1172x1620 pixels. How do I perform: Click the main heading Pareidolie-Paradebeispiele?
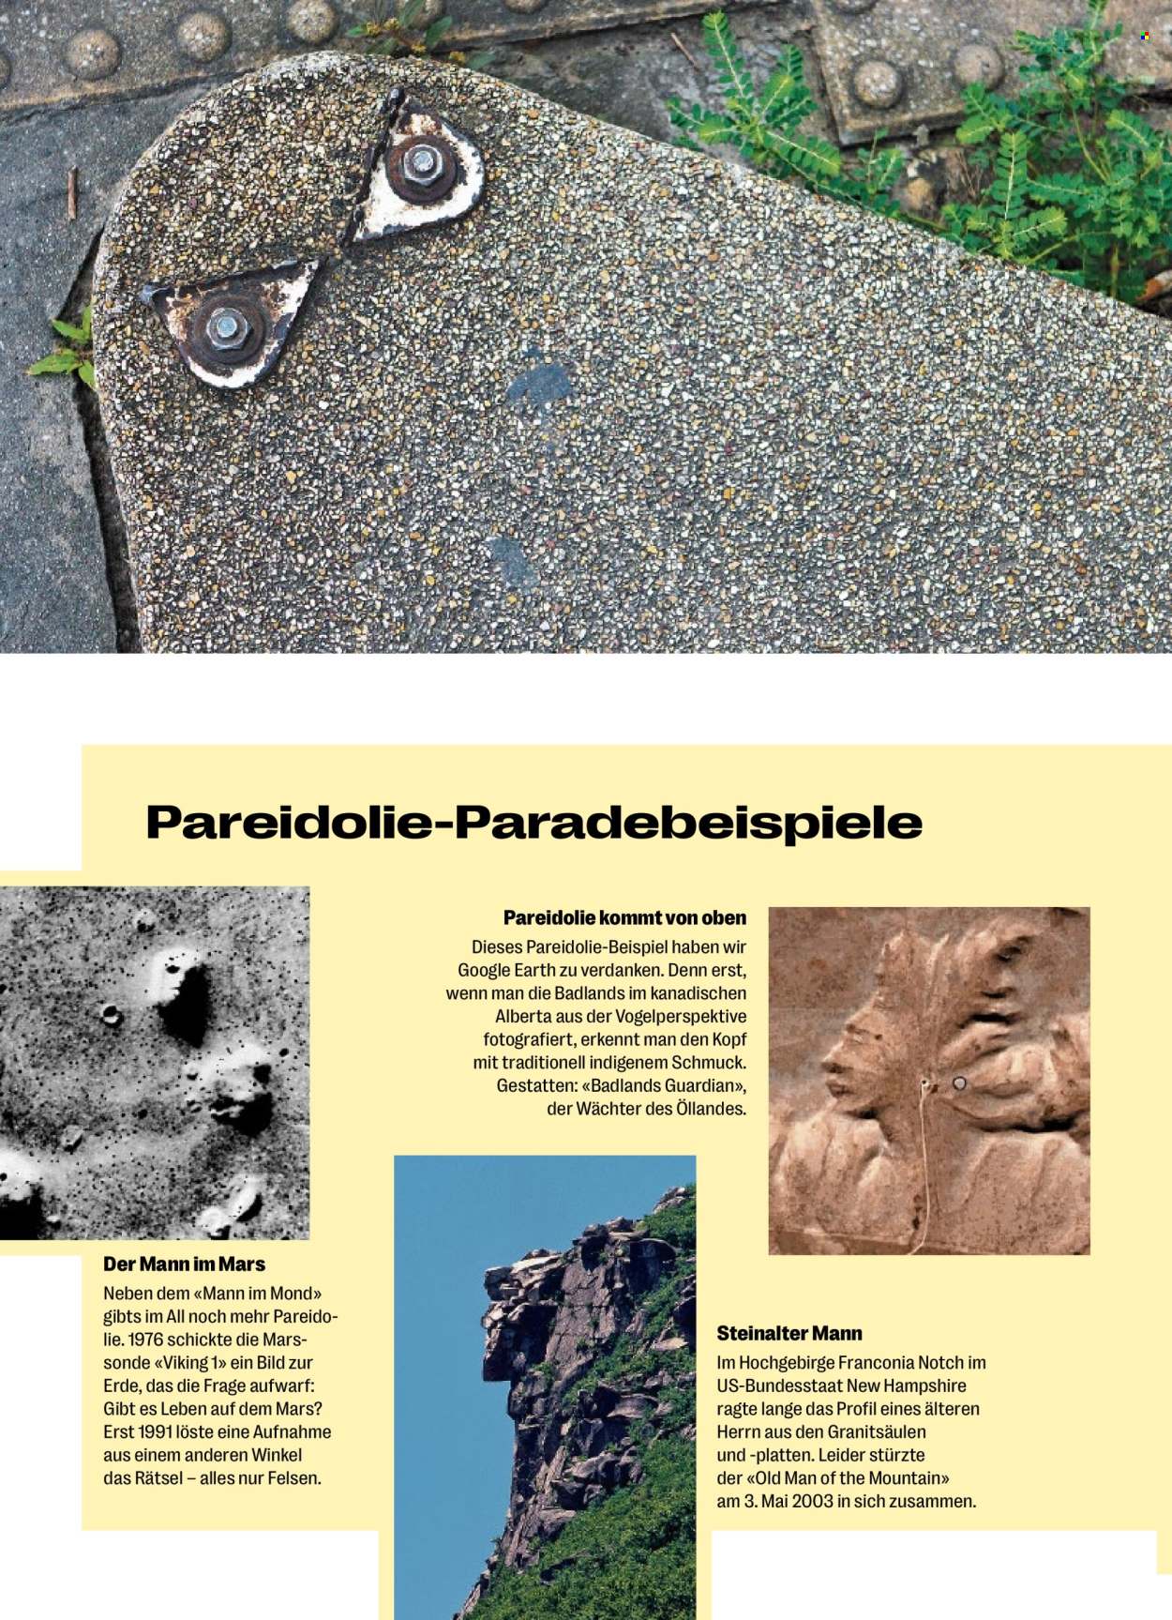coord(533,822)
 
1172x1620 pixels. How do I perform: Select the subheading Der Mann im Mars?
coord(184,1264)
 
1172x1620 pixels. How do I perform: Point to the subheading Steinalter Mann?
coord(789,1333)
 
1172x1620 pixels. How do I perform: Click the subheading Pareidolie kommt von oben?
coord(624,917)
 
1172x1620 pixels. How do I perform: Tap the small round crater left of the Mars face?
coord(111,1013)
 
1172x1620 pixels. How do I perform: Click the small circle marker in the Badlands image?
coord(958,1083)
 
